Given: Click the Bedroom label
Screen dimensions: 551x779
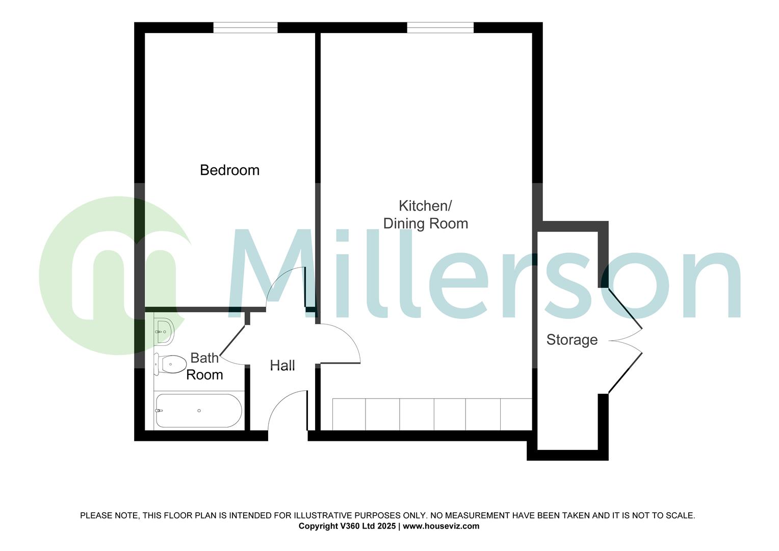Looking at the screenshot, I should (229, 170).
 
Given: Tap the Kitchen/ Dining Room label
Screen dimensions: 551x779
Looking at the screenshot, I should (425, 215).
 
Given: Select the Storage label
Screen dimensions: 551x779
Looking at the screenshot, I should (572, 340).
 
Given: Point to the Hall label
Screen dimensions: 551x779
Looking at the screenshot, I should (282, 365).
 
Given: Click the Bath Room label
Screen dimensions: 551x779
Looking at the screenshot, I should (204, 366).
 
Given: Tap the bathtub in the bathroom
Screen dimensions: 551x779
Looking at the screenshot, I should (199, 411).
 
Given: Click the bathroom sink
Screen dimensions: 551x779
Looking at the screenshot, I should (164, 332).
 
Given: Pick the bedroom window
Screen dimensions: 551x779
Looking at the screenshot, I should (245, 28).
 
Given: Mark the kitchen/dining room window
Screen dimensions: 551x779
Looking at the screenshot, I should (440, 28).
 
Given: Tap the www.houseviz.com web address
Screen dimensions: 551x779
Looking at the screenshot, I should (441, 526).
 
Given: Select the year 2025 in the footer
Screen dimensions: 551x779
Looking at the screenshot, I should (386, 526).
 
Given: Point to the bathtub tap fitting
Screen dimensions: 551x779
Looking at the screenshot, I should (159, 411).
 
